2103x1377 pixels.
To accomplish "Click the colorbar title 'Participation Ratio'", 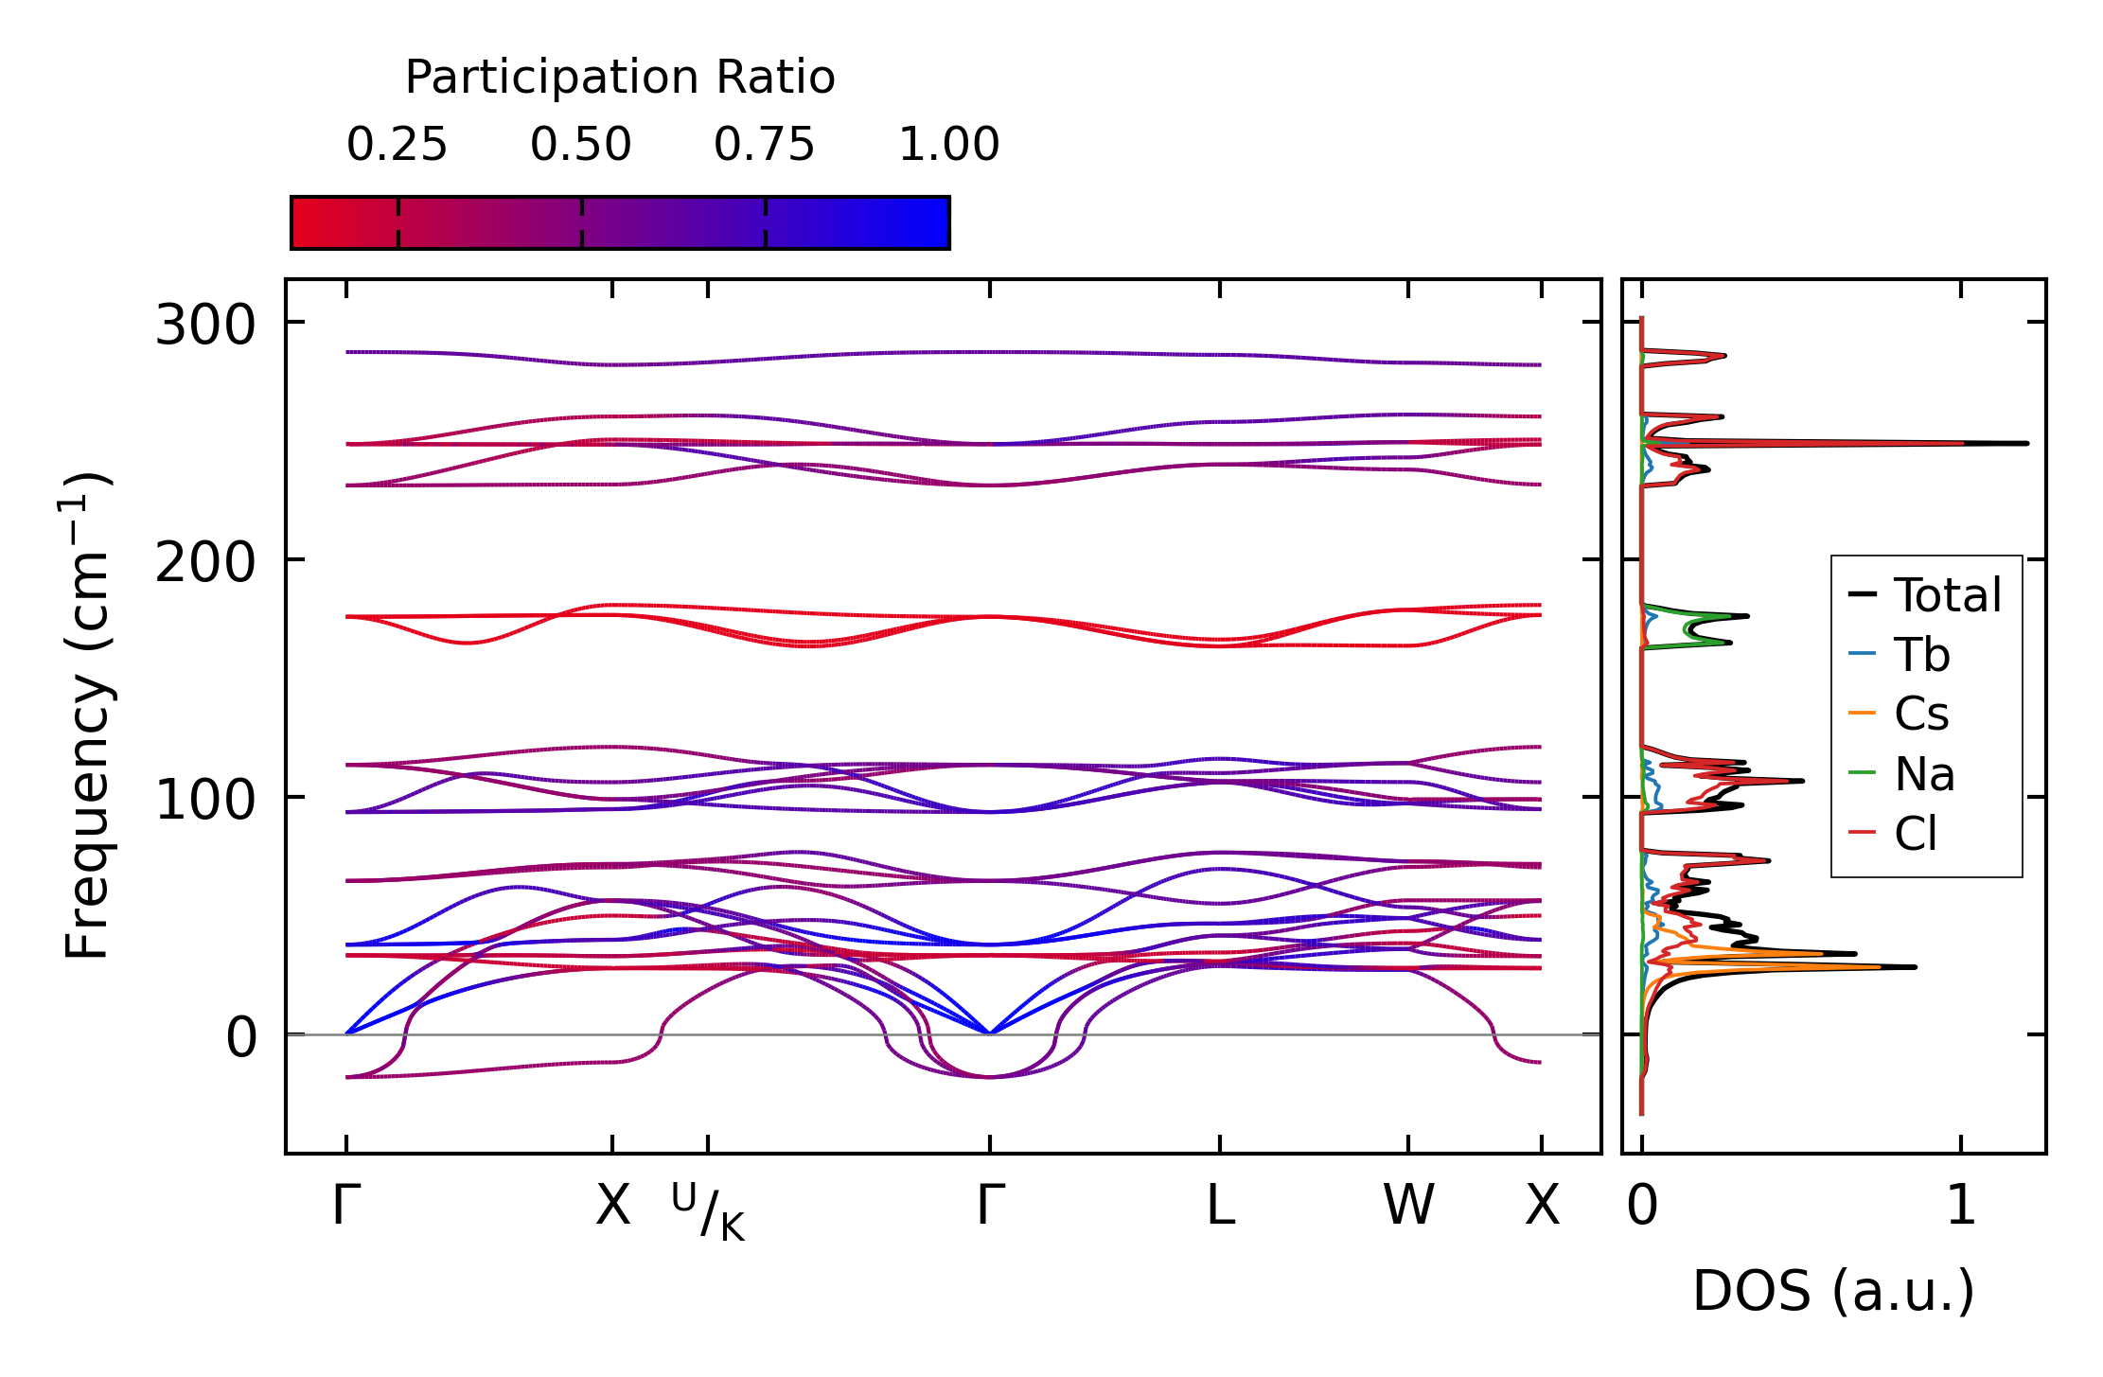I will click(x=620, y=78).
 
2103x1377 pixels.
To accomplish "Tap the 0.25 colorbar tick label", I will click(x=397, y=145).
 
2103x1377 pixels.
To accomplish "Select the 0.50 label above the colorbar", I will click(x=580, y=145).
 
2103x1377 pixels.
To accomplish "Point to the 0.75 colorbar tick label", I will click(x=764, y=145).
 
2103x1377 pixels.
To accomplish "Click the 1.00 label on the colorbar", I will click(x=948, y=145).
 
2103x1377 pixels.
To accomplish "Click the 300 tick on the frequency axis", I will click(x=205, y=326).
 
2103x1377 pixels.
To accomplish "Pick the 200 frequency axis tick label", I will click(x=205, y=563).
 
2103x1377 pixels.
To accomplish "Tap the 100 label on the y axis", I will click(x=205, y=801).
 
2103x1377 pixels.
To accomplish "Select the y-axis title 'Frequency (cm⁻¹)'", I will click(x=87, y=715).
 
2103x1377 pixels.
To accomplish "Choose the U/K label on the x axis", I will click(x=708, y=1211).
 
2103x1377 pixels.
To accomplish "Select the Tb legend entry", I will click(x=1921, y=655).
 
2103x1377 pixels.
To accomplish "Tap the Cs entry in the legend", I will click(x=1921, y=715).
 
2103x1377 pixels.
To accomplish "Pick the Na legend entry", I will click(x=1924, y=774).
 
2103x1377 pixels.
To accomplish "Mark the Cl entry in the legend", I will click(x=1916, y=834).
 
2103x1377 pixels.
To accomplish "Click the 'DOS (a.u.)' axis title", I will click(x=1833, y=1291).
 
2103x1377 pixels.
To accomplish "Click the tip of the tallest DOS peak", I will click(x=2027, y=443).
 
